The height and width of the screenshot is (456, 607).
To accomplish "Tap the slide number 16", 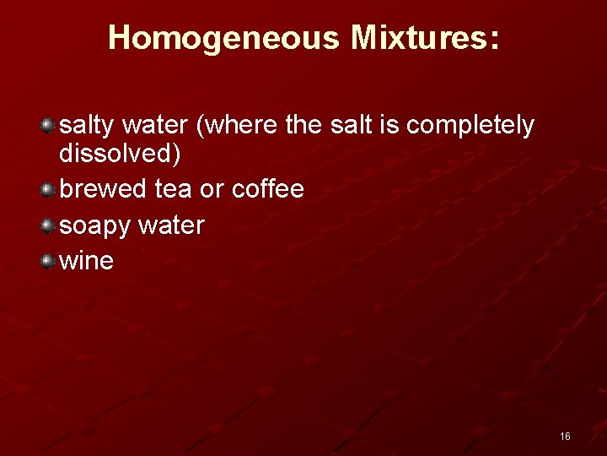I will point(565,436).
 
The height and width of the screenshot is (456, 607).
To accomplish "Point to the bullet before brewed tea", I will point(49,189).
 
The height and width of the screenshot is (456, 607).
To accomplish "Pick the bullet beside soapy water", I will point(49,225).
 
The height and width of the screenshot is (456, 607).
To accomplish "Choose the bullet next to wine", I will point(49,261).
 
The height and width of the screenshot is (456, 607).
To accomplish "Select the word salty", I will point(86,126).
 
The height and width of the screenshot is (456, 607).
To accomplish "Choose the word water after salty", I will point(154,126).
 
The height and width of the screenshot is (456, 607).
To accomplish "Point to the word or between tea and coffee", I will point(211,189).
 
